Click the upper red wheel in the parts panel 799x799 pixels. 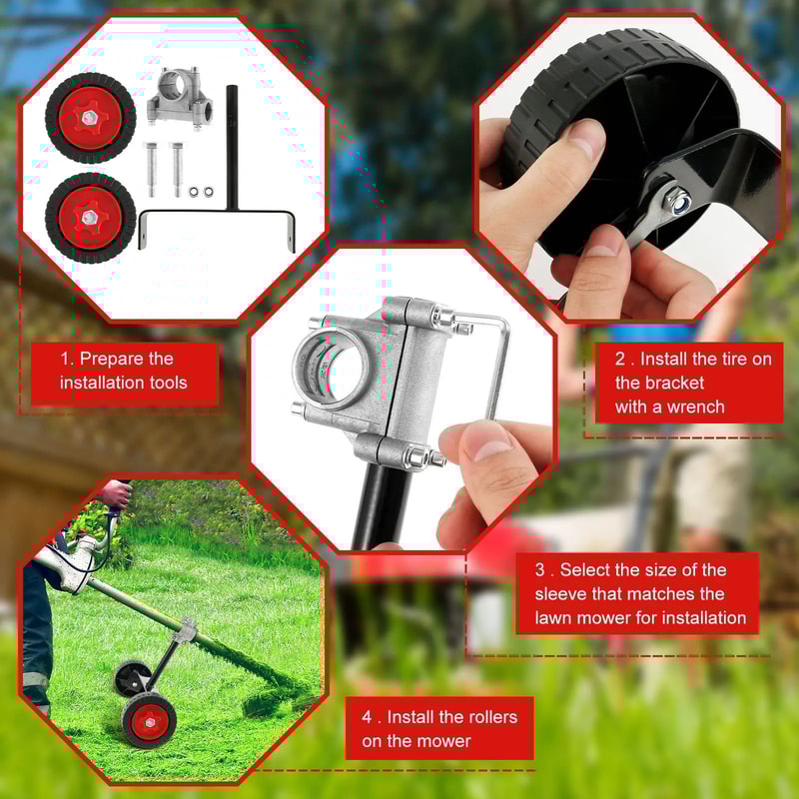pos(90,118)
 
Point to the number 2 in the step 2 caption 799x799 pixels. pos(619,360)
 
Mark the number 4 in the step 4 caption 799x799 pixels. pos(367,717)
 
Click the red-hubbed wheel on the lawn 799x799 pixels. pos(148,717)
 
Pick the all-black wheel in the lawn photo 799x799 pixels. pos(130,678)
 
